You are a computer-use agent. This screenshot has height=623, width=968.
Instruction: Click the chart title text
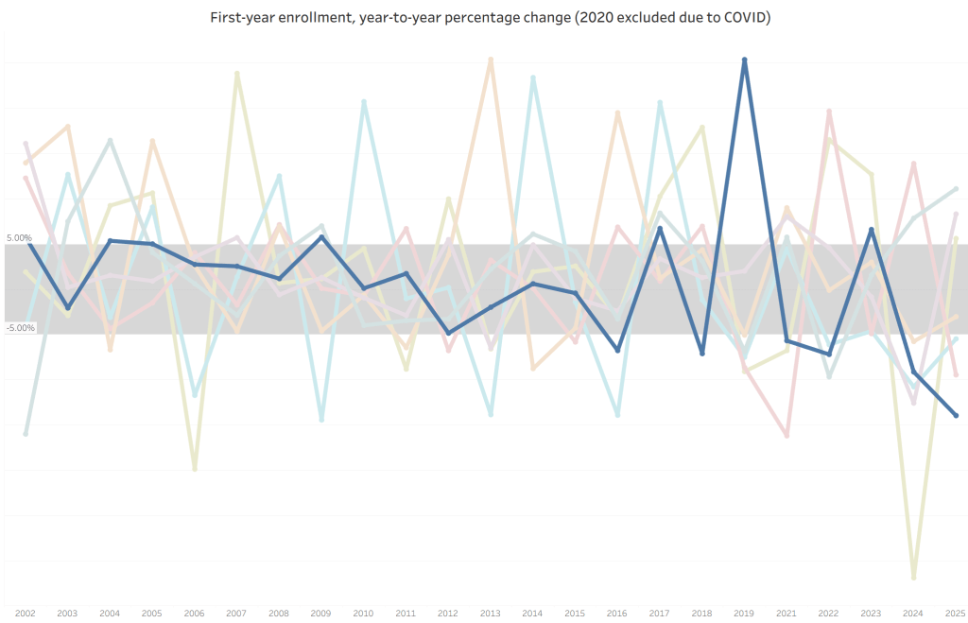[490, 19]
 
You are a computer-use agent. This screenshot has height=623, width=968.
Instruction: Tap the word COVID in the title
[746, 19]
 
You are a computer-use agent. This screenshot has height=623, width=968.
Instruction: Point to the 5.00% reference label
[19, 238]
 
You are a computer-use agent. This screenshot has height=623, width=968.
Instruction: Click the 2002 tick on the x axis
[26, 614]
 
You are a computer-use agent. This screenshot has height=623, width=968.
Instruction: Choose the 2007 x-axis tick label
[236, 614]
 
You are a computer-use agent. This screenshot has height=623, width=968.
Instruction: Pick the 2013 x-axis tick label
[491, 614]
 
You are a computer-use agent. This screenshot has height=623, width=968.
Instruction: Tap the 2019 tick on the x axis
[745, 614]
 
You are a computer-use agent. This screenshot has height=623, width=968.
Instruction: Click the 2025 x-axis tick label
[956, 614]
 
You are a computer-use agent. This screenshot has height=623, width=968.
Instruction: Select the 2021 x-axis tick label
[786, 614]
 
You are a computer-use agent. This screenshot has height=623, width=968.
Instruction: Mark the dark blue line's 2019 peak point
[745, 60]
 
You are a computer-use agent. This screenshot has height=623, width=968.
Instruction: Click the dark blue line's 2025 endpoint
[956, 416]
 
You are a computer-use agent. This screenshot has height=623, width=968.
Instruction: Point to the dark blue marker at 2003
[67, 308]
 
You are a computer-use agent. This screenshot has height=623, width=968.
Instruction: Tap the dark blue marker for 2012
[448, 333]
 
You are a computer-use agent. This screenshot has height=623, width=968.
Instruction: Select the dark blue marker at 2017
[660, 229]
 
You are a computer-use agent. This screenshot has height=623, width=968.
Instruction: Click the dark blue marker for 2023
[872, 230]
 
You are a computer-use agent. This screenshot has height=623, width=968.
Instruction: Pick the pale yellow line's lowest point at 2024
[913, 577]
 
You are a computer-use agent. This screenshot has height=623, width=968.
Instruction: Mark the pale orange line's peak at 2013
[491, 59]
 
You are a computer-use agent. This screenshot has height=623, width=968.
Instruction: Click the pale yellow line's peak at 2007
[236, 73]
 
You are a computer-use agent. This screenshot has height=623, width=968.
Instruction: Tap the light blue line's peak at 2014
[533, 78]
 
